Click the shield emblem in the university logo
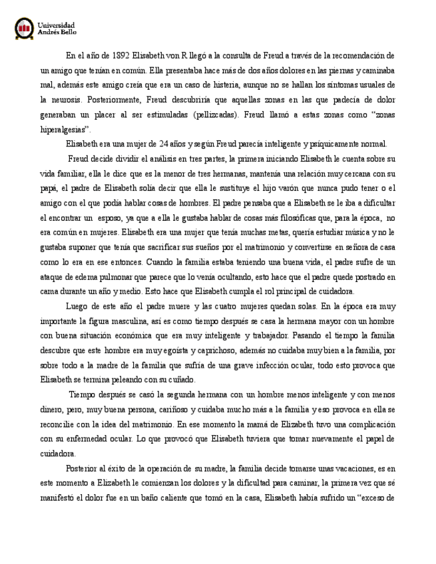25,27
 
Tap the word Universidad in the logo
57,24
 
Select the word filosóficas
288,217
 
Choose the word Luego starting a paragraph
79,306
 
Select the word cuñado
179,380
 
